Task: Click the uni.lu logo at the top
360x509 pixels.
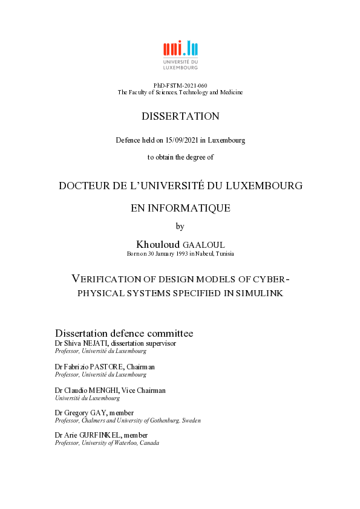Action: click(x=180, y=55)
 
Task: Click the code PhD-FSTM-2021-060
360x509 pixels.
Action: click(x=180, y=86)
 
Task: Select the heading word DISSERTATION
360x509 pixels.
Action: click(x=180, y=116)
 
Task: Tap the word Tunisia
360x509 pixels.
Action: click(x=224, y=253)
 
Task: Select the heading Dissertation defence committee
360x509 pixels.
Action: click(x=124, y=333)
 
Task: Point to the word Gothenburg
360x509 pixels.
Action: click(x=169, y=420)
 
